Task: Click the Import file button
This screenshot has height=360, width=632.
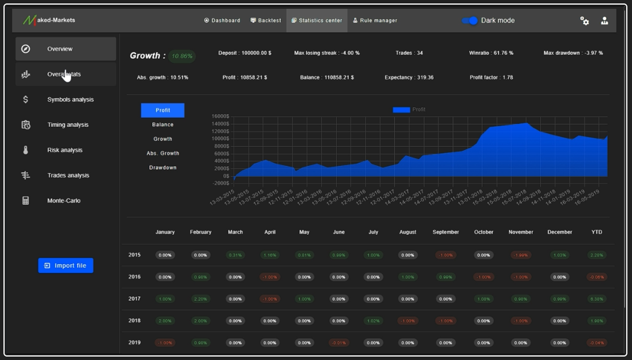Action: point(66,265)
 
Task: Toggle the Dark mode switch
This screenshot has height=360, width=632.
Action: point(471,21)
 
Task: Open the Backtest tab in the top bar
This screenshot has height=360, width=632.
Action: point(266,21)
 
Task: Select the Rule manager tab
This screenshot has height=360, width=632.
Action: point(375,21)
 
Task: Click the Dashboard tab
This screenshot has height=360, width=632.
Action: point(222,21)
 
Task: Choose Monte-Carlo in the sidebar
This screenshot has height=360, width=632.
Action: point(63,201)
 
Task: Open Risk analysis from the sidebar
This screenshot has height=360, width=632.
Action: point(65,150)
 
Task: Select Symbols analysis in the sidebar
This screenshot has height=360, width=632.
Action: point(70,100)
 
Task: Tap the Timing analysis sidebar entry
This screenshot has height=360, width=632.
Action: point(67,125)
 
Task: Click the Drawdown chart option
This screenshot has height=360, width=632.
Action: point(163,168)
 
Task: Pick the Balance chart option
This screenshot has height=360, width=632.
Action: point(163,125)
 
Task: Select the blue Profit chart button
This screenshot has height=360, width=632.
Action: point(163,110)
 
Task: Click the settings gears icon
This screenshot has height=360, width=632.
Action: point(585,21)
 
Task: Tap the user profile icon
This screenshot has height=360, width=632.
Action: point(604,21)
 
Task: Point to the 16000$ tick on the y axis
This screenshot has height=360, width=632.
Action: point(220,116)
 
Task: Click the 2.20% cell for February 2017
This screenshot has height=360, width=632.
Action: point(201,299)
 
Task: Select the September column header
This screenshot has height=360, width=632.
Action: point(446,232)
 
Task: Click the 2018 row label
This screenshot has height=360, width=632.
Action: point(134,320)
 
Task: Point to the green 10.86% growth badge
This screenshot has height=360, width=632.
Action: point(183,56)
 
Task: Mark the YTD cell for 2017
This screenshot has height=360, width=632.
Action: point(597,299)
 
